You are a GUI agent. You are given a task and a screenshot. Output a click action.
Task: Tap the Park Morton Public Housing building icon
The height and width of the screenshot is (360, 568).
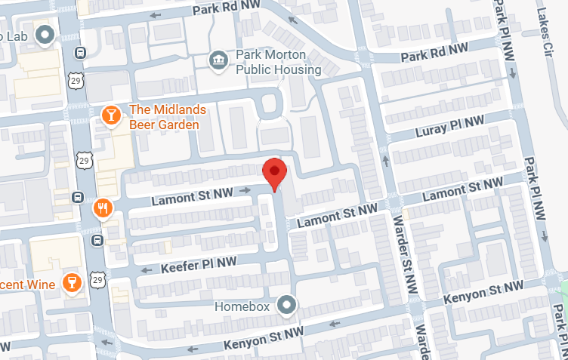click(218, 61)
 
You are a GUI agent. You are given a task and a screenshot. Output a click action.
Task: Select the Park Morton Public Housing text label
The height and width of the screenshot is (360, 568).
click(278, 61)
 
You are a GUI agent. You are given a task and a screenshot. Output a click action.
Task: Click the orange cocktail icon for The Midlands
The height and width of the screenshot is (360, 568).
click(111, 115)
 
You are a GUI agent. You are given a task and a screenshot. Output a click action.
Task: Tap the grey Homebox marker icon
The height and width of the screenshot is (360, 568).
click(286, 306)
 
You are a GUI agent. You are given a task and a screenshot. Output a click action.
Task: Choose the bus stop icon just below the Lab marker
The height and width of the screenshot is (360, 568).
click(79, 53)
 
